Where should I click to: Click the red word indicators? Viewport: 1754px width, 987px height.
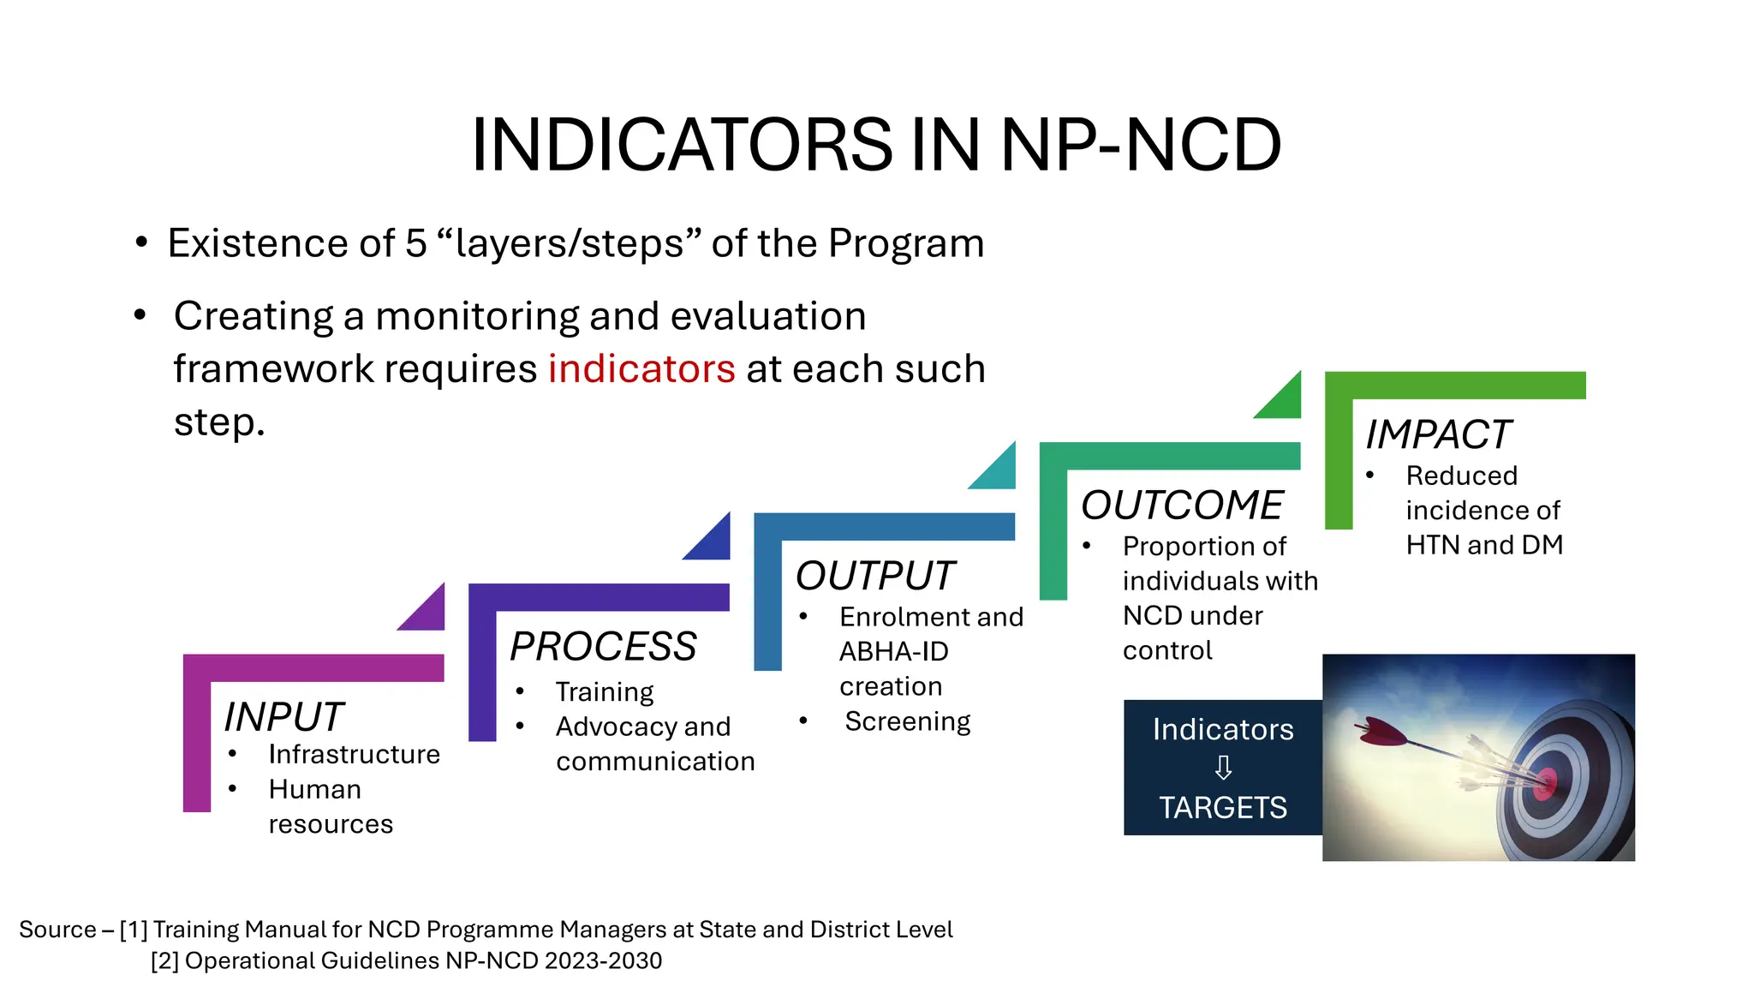[x=641, y=369]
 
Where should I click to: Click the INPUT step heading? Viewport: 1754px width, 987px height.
[x=283, y=716]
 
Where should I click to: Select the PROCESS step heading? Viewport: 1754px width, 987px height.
[x=603, y=646]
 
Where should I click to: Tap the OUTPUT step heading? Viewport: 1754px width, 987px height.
[x=874, y=576]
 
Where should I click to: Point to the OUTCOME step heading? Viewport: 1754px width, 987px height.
[x=1182, y=505]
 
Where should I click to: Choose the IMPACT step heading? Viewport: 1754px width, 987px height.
[x=1438, y=434]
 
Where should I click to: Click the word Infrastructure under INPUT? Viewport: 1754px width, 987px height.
[x=354, y=754]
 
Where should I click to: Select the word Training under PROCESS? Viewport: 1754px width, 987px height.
[x=604, y=691]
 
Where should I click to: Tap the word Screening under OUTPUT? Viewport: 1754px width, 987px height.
[x=907, y=721]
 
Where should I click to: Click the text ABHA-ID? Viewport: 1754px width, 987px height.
[x=893, y=651]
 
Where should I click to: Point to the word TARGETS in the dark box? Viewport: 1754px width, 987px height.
[x=1223, y=807]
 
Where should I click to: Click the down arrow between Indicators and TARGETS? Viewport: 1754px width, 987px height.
[x=1223, y=768]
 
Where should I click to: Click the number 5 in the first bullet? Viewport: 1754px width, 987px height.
[x=415, y=243]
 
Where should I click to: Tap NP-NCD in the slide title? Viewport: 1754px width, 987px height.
[x=1141, y=145]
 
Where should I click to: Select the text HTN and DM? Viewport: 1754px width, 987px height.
[x=1484, y=545]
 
